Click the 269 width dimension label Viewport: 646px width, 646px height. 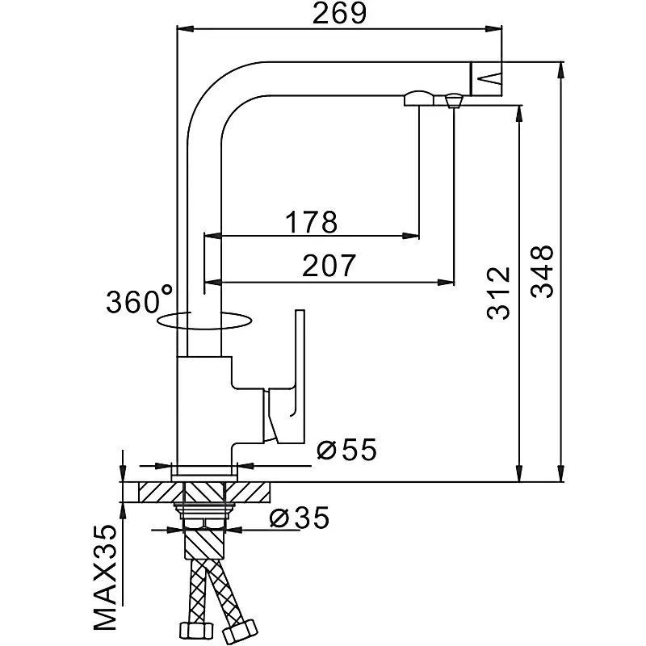(x=339, y=14)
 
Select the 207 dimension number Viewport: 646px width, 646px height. (x=329, y=266)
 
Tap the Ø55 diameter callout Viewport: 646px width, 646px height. (x=347, y=451)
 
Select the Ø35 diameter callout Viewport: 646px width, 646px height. (x=299, y=518)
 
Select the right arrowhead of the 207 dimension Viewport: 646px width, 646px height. (x=446, y=282)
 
